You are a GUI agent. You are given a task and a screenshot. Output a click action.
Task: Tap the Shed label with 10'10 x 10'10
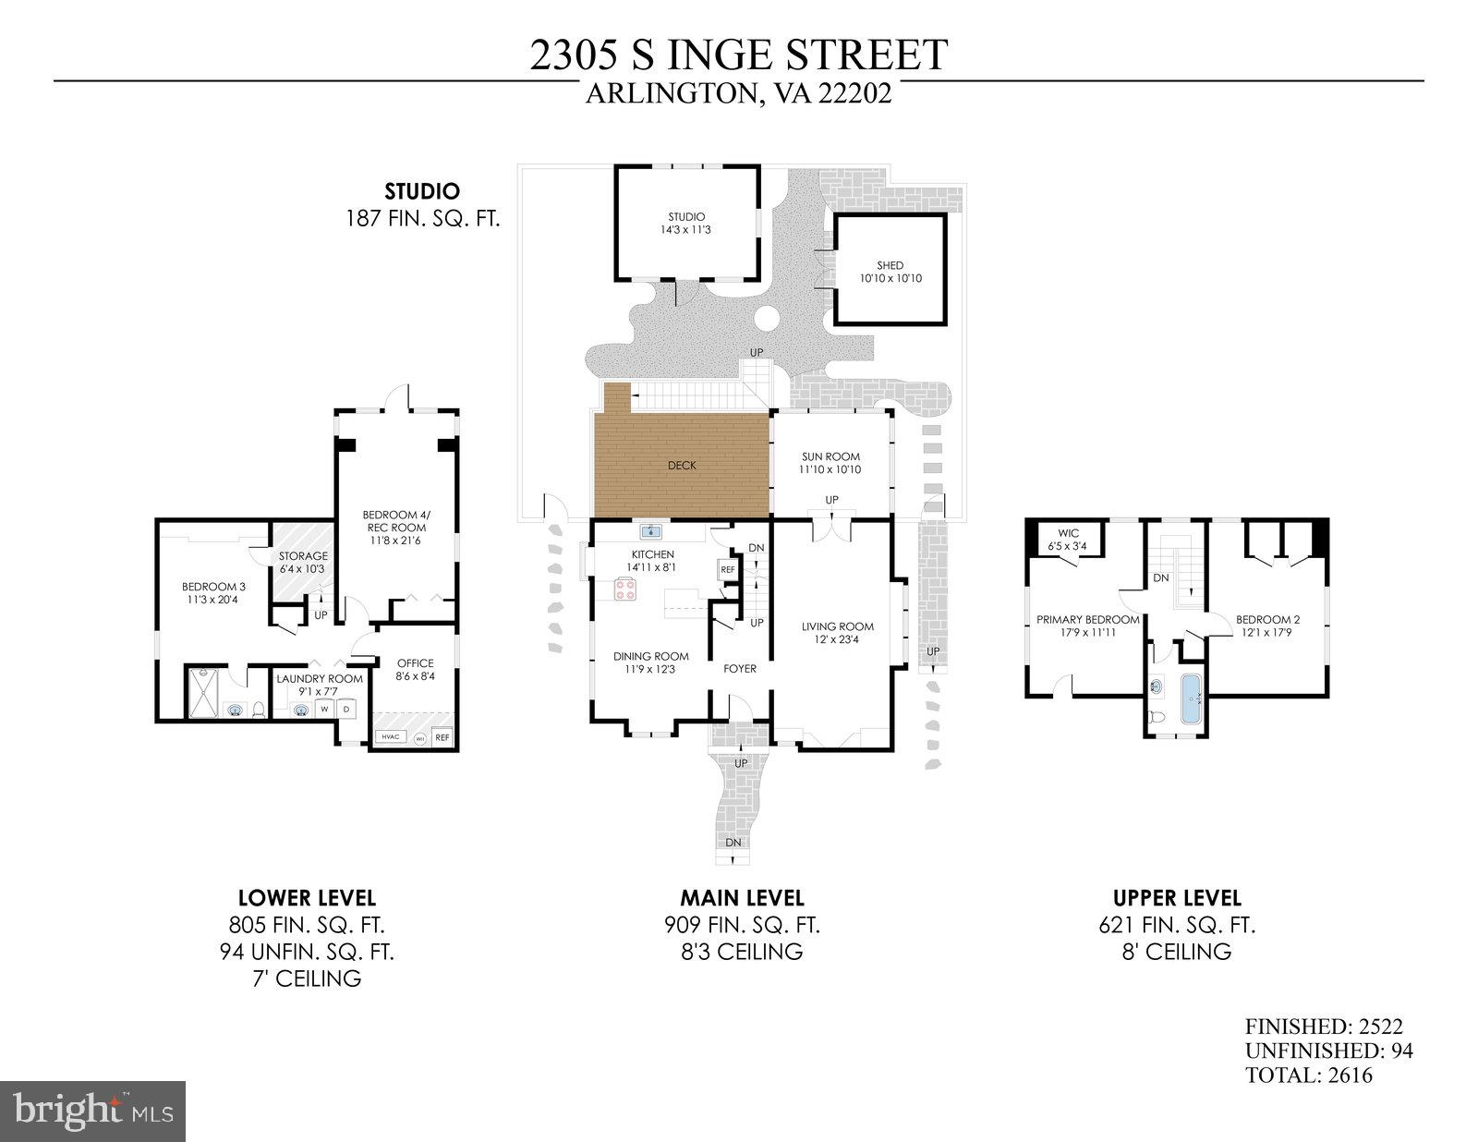pyautogui.click(x=890, y=266)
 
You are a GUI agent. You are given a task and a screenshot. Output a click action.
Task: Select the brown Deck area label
pyautogui.click(x=682, y=465)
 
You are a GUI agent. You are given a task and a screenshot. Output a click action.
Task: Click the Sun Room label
pyautogui.click(x=830, y=456)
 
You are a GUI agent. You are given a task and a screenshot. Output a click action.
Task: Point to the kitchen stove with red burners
pyautogui.click(x=624, y=589)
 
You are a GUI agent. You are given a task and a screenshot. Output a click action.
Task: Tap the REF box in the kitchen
pyautogui.click(x=727, y=570)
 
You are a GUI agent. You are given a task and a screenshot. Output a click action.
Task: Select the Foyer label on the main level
pyautogui.click(x=739, y=668)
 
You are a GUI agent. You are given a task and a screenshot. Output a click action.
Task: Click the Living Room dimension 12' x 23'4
pyautogui.click(x=837, y=638)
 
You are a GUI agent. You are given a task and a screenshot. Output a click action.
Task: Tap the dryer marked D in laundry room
pyautogui.click(x=347, y=709)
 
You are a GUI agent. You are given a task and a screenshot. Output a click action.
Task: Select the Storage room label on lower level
pyautogui.click(x=303, y=556)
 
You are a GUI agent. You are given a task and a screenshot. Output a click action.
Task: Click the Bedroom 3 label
pyautogui.click(x=213, y=587)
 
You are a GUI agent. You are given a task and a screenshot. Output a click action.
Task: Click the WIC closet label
pyautogui.click(x=1069, y=533)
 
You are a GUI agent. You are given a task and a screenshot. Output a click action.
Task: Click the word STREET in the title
pyautogui.click(x=866, y=54)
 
